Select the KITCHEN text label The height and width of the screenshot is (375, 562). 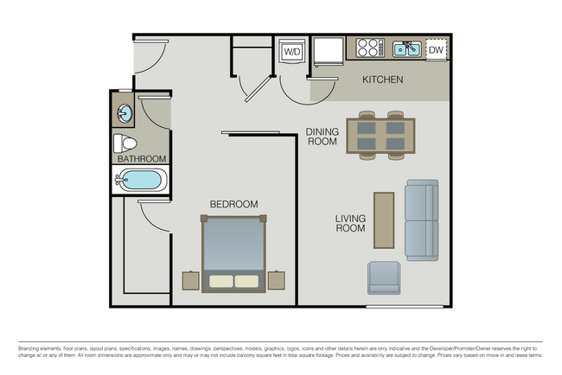tap(382, 80)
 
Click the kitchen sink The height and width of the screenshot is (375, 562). tap(406, 49)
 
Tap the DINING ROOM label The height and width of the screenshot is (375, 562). tap(322, 137)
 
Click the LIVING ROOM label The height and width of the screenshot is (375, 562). tap(350, 224)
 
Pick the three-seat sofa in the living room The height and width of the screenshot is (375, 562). tap(422, 220)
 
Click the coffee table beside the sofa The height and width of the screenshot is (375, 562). tap(384, 220)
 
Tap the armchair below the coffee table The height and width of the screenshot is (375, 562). tap(384, 277)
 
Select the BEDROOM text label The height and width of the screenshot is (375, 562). tap(233, 204)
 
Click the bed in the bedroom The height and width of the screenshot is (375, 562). tap(233, 255)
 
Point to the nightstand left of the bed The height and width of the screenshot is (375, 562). tap(190, 280)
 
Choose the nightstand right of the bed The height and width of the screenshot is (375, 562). tap(277, 280)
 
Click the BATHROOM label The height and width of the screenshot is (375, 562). tap(141, 159)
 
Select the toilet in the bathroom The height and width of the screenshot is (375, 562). tap(125, 143)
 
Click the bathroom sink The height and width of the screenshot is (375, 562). tap(125, 112)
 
